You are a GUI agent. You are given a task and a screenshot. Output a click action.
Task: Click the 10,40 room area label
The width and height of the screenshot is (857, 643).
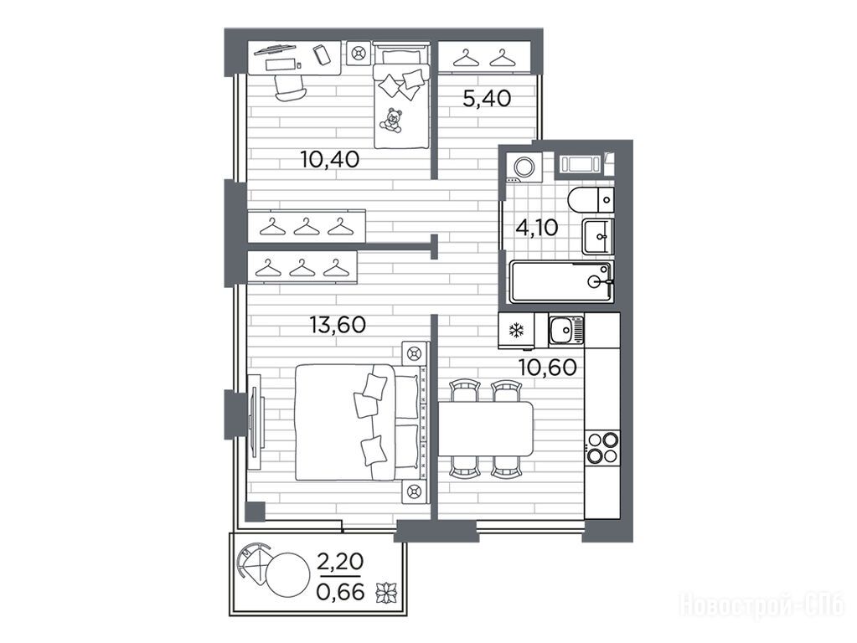[x=329, y=160]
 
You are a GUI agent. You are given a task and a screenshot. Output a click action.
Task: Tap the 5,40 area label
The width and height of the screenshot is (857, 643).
[x=487, y=99]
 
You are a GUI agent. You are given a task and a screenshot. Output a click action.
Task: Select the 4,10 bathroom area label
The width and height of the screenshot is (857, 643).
[x=537, y=227]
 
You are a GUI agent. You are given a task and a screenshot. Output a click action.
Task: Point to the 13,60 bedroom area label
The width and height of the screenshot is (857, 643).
[x=338, y=325]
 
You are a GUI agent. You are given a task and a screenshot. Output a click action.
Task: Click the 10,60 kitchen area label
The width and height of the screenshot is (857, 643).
[x=548, y=368]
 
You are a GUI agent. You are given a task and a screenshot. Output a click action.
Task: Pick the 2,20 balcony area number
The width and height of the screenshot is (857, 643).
[x=340, y=561]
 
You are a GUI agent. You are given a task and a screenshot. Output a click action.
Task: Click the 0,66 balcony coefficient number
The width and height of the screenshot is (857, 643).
[x=340, y=592]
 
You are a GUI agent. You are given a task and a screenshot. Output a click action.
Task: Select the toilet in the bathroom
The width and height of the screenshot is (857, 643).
[x=591, y=199]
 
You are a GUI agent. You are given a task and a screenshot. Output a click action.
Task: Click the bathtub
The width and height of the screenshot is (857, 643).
[x=561, y=281]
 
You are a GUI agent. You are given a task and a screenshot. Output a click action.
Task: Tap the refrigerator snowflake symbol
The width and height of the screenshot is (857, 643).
[x=517, y=330]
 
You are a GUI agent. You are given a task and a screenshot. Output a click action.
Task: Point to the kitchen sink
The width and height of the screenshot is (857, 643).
[x=566, y=330]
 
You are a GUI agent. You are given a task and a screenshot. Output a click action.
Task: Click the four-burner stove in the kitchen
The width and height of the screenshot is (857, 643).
[x=602, y=446]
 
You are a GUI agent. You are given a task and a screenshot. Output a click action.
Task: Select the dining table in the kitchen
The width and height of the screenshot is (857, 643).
[x=485, y=429]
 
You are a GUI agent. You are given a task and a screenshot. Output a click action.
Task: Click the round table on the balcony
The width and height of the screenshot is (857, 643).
[x=288, y=574]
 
